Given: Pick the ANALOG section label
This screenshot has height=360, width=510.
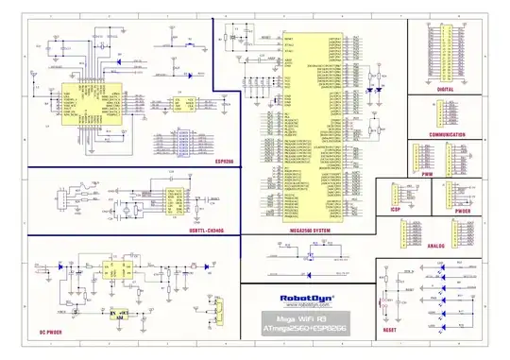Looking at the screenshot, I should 434,246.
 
